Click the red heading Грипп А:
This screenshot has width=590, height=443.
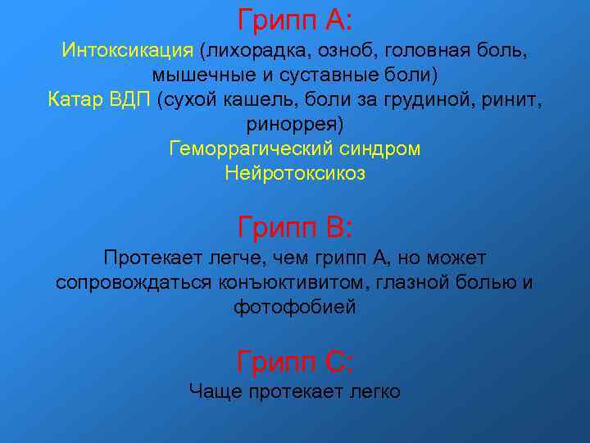tap(295, 17)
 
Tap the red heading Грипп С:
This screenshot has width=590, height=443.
tap(295, 359)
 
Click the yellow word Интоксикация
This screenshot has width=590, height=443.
tap(128, 51)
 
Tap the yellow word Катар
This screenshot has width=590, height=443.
tap(75, 100)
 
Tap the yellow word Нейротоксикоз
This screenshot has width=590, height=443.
tap(295, 174)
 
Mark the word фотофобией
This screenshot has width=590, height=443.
tap(295, 308)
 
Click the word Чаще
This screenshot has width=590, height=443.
tap(215, 391)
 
